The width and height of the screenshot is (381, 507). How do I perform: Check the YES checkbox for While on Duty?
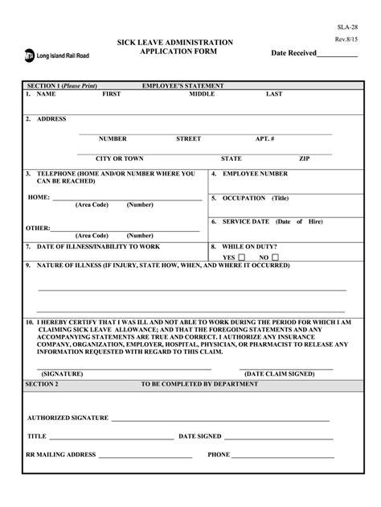(x=241, y=258)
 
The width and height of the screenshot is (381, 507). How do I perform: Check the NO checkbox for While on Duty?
(x=274, y=258)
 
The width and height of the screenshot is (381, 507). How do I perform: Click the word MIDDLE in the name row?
(x=202, y=94)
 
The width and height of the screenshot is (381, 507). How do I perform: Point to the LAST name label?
(x=274, y=94)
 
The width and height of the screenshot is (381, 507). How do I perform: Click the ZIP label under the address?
(x=304, y=159)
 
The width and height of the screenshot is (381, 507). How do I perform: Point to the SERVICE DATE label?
(x=246, y=221)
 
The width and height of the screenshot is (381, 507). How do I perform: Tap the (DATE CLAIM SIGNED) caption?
(x=280, y=373)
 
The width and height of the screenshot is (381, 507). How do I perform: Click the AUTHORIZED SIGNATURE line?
(x=220, y=418)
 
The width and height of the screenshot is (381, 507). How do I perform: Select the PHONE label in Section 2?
(x=219, y=455)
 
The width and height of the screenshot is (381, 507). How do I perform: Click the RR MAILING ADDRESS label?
(x=61, y=455)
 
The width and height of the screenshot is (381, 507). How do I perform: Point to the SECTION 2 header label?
(x=42, y=384)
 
